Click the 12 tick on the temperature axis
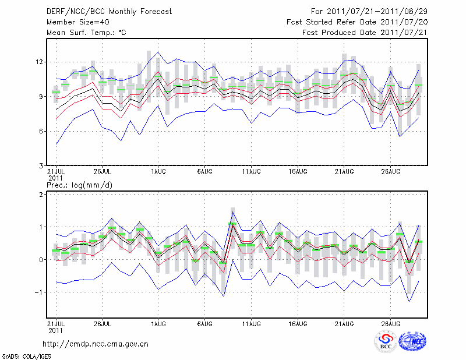(x=39, y=62)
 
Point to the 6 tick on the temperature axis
(x=41, y=131)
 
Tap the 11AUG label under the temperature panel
(x=251, y=172)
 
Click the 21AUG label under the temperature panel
(x=344, y=172)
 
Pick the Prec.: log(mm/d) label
(x=78, y=185)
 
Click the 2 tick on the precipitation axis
(x=41, y=194)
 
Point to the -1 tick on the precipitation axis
(x=39, y=292)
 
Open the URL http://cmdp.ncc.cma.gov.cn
(x=96, y=344)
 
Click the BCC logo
(x=385, y=343)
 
